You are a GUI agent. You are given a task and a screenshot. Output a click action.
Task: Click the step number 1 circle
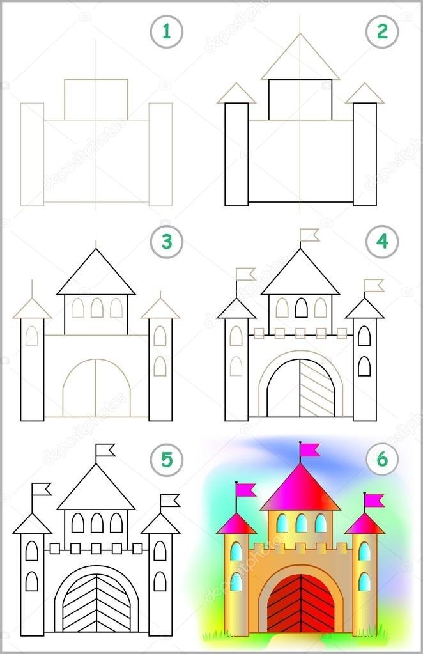[x=167, y=30]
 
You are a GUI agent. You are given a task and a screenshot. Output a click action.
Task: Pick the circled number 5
[x=167, y=458]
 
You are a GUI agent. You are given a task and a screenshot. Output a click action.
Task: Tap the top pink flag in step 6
[x=311, y=450]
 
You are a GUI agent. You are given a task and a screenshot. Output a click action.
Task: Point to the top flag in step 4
[x=310, y=235]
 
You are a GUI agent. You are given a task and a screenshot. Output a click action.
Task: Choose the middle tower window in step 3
[x=96, y=308]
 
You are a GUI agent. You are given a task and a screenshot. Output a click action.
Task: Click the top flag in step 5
[x=105, y=451]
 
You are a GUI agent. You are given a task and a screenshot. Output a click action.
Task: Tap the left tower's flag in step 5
[x=42, y=490]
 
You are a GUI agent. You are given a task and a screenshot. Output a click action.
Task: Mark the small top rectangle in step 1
[x=96, y=99]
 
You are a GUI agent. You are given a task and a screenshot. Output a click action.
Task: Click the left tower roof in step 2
[x=236, y=94]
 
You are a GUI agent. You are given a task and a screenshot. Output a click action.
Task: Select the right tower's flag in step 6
[x=374, y=499]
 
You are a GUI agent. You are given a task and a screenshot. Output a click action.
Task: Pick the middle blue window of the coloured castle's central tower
[x=301, y=523]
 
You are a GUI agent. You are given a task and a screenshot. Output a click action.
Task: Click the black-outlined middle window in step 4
[x=301, y=308]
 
